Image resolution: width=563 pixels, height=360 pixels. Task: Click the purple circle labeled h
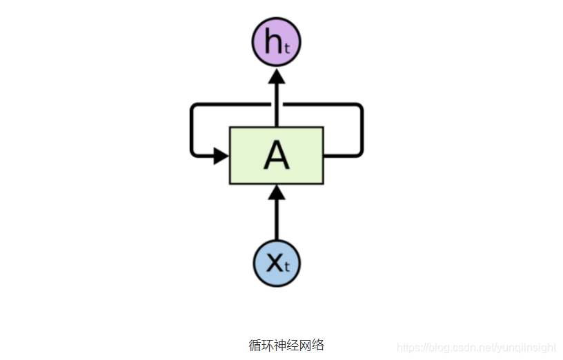point(277,42)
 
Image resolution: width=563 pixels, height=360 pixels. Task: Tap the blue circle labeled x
point(277,263)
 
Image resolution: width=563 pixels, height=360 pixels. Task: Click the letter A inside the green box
point(277,157)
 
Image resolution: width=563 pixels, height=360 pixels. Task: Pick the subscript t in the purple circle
point(287,48)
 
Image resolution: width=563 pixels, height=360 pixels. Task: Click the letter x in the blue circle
point(274,263)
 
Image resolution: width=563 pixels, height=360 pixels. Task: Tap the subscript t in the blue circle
point(287,268)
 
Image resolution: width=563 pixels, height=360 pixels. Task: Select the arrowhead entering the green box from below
point(277,192)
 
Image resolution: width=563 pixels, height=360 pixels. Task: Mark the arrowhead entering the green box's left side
point(221,156)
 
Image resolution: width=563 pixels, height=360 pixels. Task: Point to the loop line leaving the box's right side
point(342,156)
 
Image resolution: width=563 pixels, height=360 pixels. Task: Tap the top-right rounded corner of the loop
point(358,108)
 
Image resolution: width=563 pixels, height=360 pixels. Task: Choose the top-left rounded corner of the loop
point(195,108)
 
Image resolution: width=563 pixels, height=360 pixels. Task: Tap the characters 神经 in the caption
point(286,345)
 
